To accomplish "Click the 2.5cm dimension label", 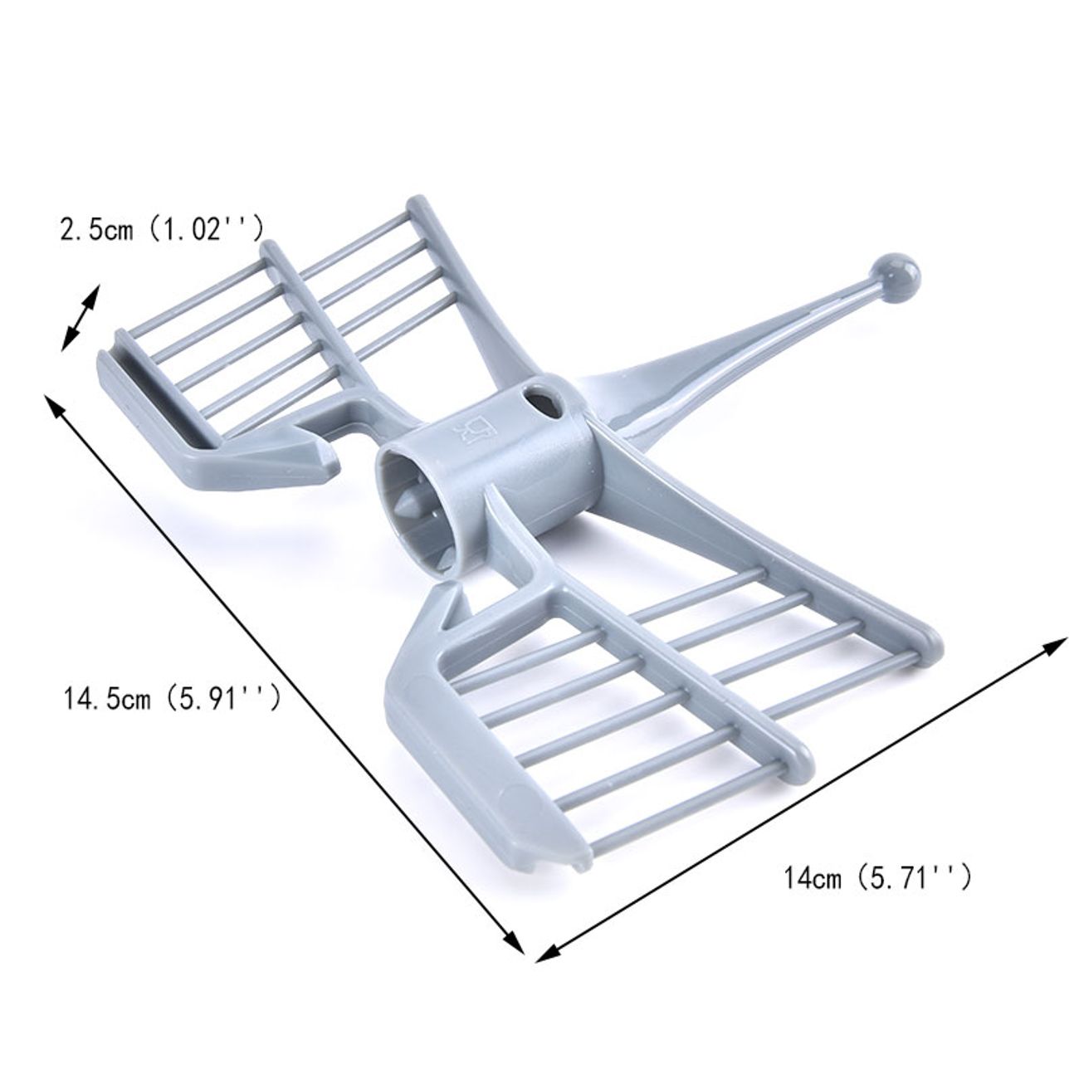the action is pos(161,229).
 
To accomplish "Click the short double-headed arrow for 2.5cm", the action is pos(80,318).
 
